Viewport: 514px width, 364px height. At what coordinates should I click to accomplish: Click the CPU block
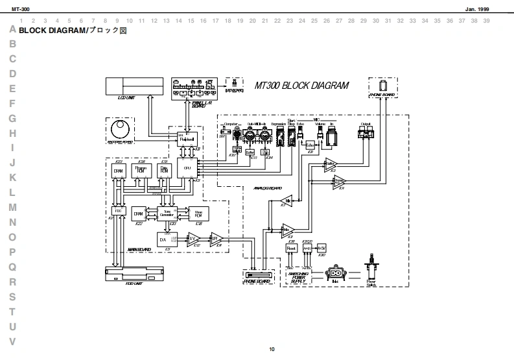(x=187, y=168)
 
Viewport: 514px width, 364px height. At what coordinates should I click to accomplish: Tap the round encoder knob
(x=120, y=127)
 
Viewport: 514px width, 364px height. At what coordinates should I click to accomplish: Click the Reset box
(x=291, y=249)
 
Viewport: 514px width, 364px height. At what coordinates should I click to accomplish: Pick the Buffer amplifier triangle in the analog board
(x=331, y=164)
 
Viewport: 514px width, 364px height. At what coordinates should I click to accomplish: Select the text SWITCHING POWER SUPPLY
(x=298, y=278)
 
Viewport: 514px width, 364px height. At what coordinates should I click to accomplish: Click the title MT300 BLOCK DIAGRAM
(x=301, y=85)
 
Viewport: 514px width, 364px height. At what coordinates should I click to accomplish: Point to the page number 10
(x=272, y=350)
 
